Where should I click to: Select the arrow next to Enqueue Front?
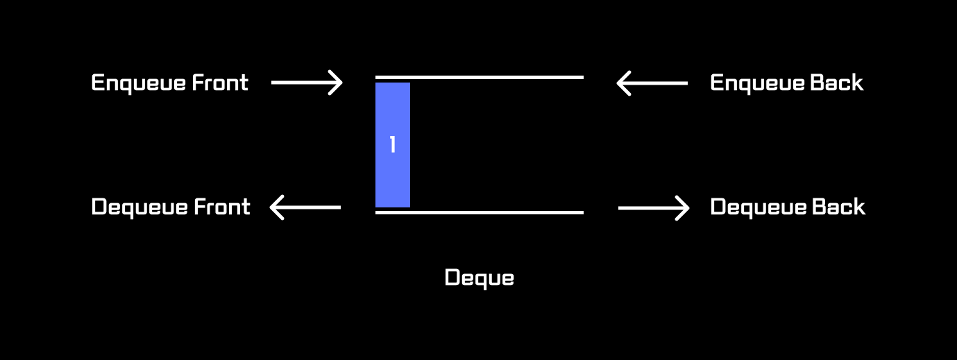tap(306, 83)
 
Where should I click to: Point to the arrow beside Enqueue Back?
tap(652, 83)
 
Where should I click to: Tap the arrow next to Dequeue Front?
tap(305, 207)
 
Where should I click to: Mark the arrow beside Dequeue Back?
tap(653, 207)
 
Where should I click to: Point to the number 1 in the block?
tap(393, 145)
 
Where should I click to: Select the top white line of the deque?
tap(479, 77)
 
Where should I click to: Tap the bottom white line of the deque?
tap(479, 212)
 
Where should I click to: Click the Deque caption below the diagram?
tap(479, 278)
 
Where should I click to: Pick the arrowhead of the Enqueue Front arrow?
tap(336, 83)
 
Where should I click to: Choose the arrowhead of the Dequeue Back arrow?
tap(683, 207)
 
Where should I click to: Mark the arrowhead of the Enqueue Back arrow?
tap(623, 83)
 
